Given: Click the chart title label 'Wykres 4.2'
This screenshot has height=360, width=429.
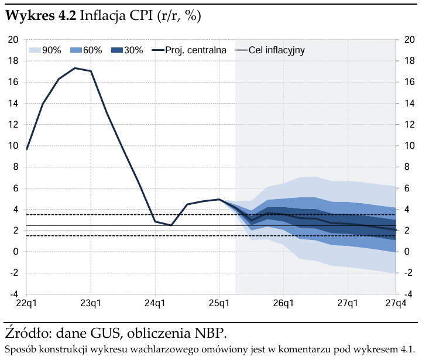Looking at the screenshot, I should click(40, 17).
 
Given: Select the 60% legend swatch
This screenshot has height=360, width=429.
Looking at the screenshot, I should click(75, 50).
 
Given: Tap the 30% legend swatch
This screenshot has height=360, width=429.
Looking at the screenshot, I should click(116, 50).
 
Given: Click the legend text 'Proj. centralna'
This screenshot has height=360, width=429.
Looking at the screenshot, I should click(195, 50).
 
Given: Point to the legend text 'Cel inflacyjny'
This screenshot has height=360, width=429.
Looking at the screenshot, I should click(277, 50).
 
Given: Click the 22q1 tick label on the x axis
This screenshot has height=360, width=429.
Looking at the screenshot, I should click(27, 303).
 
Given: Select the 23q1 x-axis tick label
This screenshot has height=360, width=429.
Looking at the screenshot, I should click(91, 303).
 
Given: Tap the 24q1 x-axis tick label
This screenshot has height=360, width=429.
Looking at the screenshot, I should click(155, 303).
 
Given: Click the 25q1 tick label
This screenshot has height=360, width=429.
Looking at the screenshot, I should click(219, 303).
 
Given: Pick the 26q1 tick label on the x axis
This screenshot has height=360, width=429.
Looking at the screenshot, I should click(283, 303).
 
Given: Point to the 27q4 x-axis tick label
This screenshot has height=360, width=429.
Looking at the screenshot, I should click(396, 303).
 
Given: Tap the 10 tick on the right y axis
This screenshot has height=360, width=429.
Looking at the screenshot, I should click(410, 146).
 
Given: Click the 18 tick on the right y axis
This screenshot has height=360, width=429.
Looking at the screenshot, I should click(410, 61).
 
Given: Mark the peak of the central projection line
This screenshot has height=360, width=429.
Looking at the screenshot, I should click(75, 68).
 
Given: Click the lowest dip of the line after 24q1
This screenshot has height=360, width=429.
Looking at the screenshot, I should click(171, 225).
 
